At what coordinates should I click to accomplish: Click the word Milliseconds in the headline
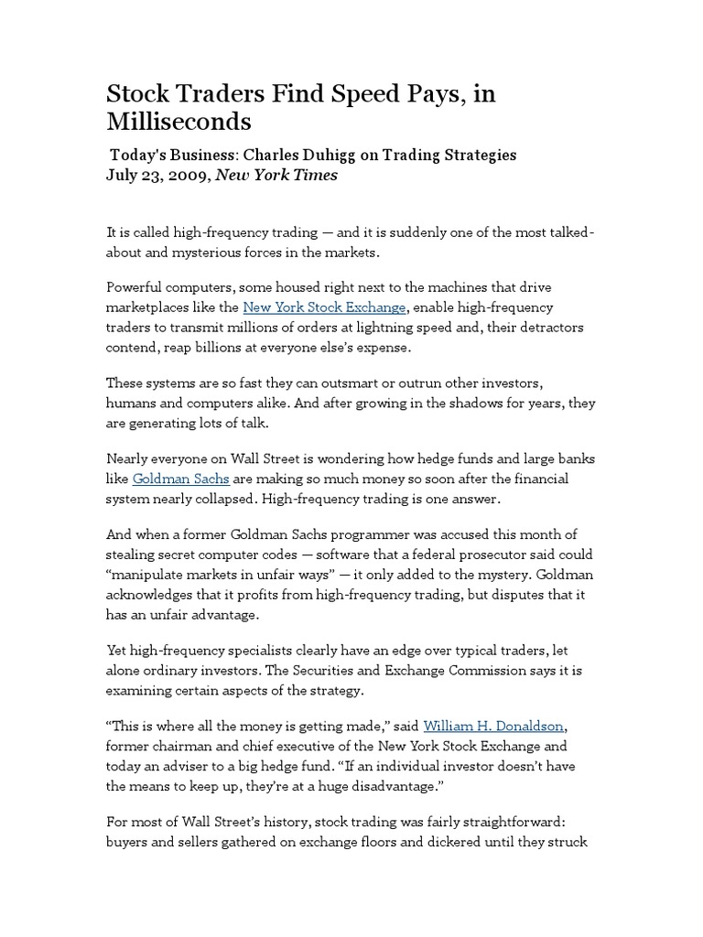tap(179, 123)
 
